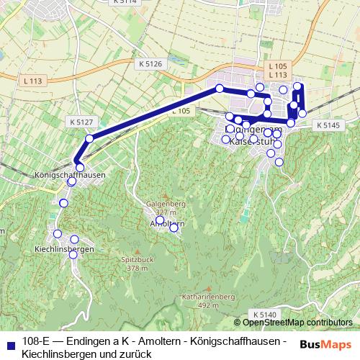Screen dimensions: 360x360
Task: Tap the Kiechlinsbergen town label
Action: click(x=65, y=248)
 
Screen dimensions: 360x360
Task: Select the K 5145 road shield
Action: click(x=326, y=125)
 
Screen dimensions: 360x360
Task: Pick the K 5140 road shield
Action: click(x=264, y=315)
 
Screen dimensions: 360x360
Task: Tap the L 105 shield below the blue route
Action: click(x=181, y=111)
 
